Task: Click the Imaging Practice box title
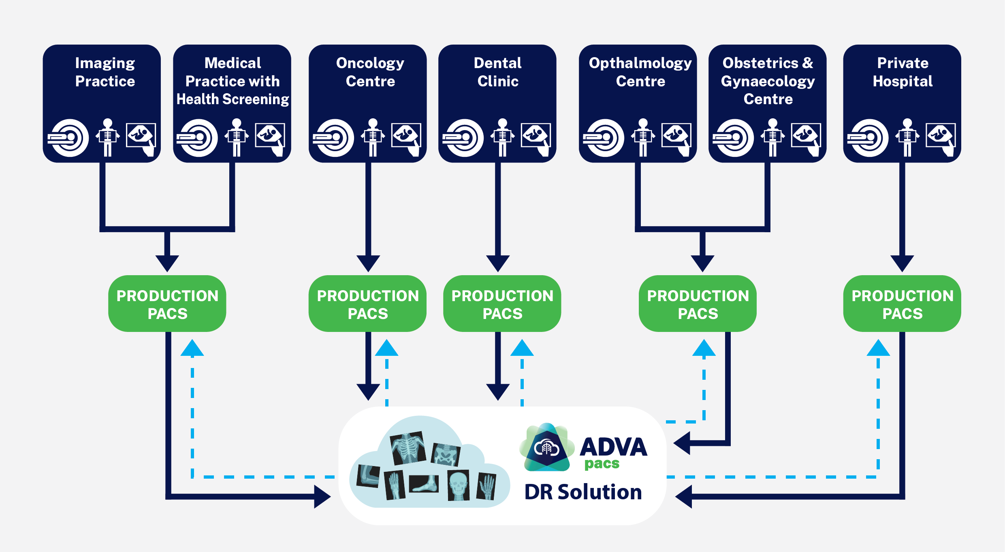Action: pos(105,72)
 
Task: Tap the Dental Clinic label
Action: pos(498,72)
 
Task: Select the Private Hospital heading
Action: pos(903,72)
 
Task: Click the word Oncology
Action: pos(370,63)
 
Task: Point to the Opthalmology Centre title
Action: pos(640,72)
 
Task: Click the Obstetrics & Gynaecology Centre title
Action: pos(768,81)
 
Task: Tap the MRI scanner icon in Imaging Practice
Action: pos(68,138)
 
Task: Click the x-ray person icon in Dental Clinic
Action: pos(503,137)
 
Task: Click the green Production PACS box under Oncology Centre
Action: pos(367,304)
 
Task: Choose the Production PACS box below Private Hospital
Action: pos(902,304)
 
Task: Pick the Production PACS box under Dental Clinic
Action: pos(502,304)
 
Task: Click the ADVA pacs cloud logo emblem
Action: pos(547,447)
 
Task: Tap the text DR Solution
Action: pos(583,492)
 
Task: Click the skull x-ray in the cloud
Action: pos(459,485)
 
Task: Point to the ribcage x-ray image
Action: pos(408,448)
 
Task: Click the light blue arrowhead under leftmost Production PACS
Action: pos(192,348)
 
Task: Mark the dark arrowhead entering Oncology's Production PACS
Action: pos(368,263)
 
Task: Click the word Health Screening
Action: pos(233,99)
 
